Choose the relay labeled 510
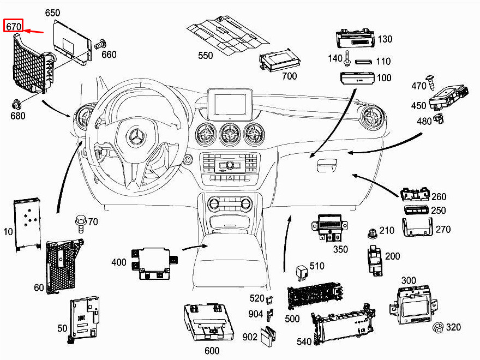click(301, 271)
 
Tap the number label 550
click(206, 56)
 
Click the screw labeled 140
click(346, 58)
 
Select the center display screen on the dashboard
click(230, 104)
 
